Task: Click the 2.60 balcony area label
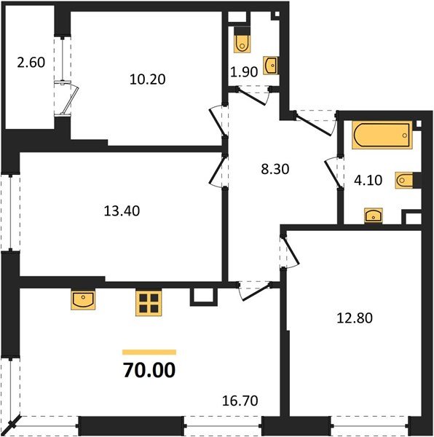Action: coord(31,63)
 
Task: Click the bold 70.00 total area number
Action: coord(149,371)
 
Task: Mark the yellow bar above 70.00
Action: coord(149,351)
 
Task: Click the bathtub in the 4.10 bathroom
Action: coord(382,135)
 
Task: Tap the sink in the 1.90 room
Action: coord(270,66)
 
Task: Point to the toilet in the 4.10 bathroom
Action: coord(404,180)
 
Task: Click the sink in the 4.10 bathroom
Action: coord(374,214)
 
